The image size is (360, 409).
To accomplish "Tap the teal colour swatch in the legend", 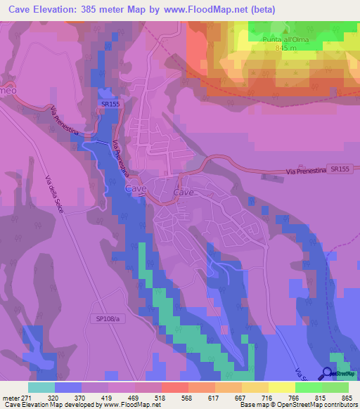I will [41, 387].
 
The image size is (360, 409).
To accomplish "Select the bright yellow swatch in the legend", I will [282, 387].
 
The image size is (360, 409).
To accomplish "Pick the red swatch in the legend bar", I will [175, 387].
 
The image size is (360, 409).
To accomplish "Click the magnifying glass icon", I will [328, 375].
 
